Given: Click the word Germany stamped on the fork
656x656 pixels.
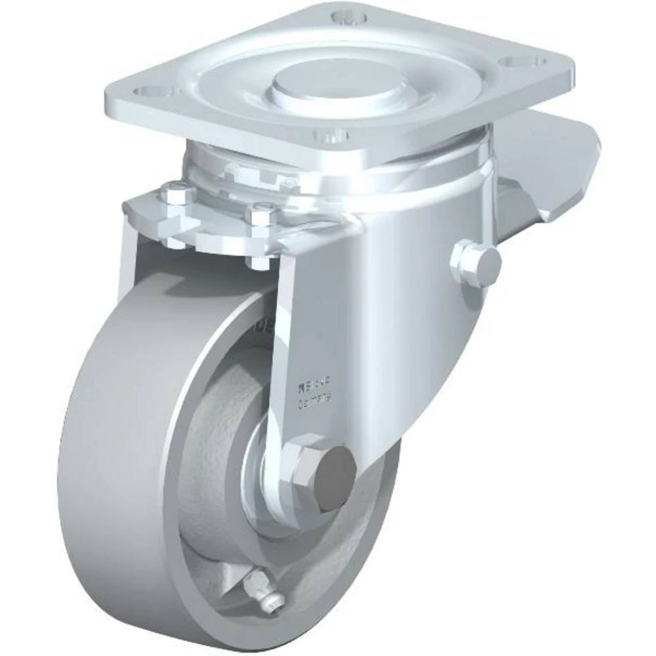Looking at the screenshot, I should pos(315,396).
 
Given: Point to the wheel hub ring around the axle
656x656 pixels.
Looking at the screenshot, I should pos(262,479).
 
